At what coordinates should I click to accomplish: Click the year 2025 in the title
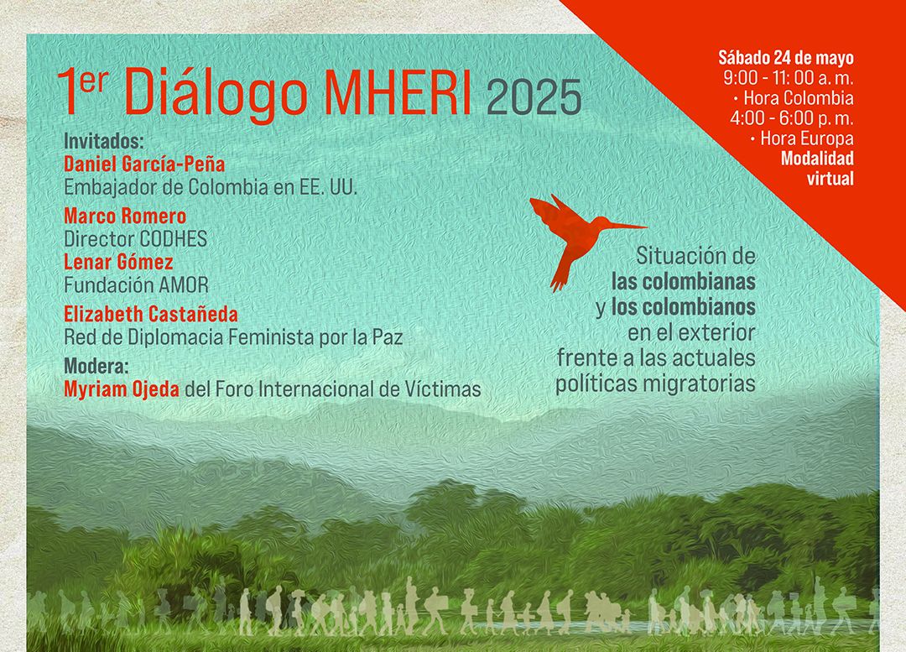pyautogui.click(x=534, y=97)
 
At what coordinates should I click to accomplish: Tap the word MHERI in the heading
pyautogui.click(x=397, y=91)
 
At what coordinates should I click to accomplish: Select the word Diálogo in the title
pyautogui.click(x=215, y=92)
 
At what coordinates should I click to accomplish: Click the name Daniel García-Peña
pyautogui.click(x=144, y=164)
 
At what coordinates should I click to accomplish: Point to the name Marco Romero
pyautogui.click(x=125, y=216)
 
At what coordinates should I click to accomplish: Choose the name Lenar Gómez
pyautogui.click(x=118, y=262)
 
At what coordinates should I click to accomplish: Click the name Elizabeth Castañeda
pyautogui.click(x=150, y=314)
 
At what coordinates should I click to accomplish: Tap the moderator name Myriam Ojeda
pyautogui.click(x=122, y=389)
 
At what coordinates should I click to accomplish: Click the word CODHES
pyautogui.click(x=171, y=238)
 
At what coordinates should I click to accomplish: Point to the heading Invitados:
pyautogui.click(x=103, y=141)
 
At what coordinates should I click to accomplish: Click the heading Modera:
pyautogui.click(x=96, y=366)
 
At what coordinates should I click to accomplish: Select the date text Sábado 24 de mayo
pyautogui.click(x=786, y=58)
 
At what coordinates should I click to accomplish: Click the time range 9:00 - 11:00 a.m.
pyautogui.click(x=788, y=77)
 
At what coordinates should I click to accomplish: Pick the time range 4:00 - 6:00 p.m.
pyautogui.click(x=791, y=118)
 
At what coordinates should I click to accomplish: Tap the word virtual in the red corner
pyautogui.click(x=830, y=179)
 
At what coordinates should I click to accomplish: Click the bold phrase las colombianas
pyautogui.click(x=684, y=281)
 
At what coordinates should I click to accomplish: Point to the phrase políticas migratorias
pyautogui.click(x=656, y=383)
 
